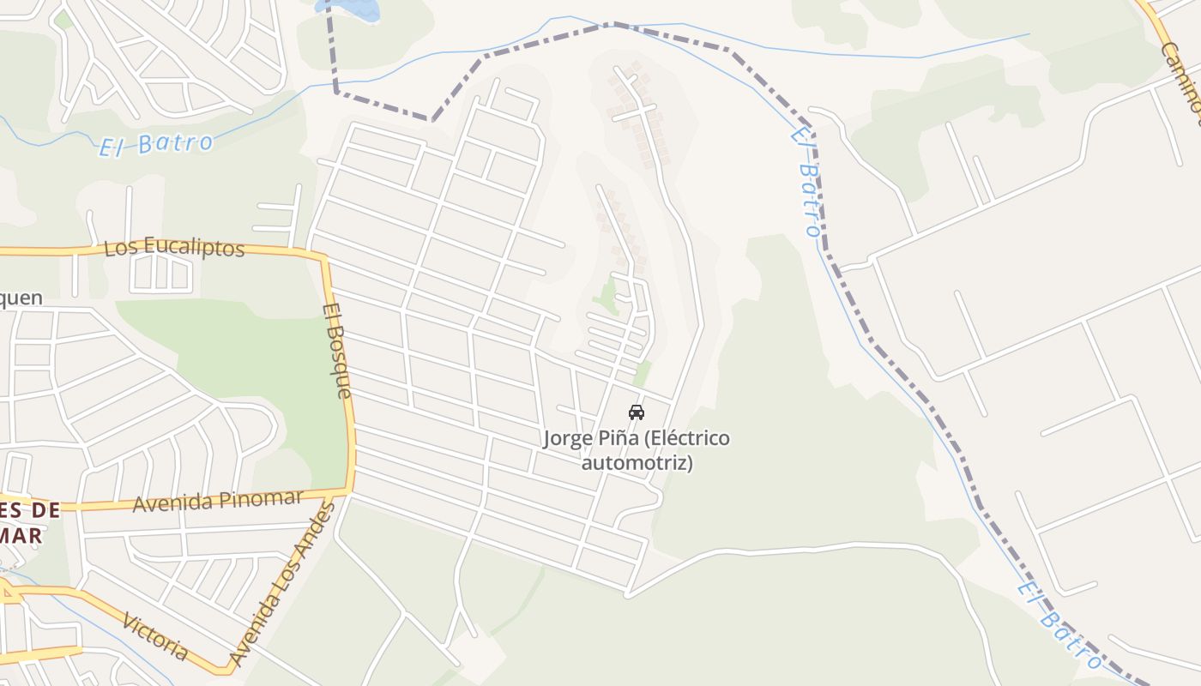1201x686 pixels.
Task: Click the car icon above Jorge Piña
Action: point(636,412)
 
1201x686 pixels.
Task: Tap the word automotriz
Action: point(637,463)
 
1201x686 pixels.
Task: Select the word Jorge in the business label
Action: point(567,439)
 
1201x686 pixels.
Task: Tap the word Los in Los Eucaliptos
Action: point(119,249)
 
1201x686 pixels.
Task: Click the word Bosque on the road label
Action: point(339,359)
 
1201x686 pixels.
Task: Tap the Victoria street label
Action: point(155,636)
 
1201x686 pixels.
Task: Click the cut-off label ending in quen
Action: point(21,298)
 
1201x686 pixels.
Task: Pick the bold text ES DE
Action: point(30,510)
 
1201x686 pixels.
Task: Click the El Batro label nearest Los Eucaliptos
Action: point(155,144)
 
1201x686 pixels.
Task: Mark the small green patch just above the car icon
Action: point(642,374)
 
